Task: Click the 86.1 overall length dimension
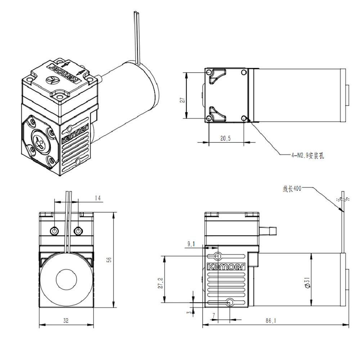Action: click(x=271, y=320)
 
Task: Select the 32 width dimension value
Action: click(x=66, y=320)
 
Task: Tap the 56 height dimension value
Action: click(x=109, y=260)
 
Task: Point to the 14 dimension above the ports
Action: click(x=98, y=198)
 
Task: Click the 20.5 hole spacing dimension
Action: click(x=225, y=138)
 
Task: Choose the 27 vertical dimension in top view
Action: click(x=182, y=100)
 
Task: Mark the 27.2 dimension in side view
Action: click(x=160, y=283)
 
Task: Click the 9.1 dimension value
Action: click(x=191, y=244)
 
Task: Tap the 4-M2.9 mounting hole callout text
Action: click(x=308, y=156)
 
